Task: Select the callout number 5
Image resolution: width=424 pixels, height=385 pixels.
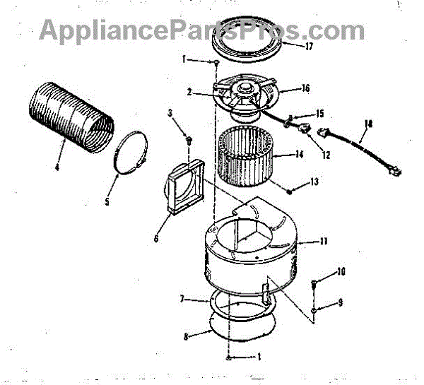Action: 107,201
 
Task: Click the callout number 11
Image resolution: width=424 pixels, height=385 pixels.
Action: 324,241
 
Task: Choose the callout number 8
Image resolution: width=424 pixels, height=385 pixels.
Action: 185,337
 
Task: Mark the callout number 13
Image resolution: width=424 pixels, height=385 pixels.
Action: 314,182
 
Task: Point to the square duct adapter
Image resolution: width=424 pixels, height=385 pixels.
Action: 184,186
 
